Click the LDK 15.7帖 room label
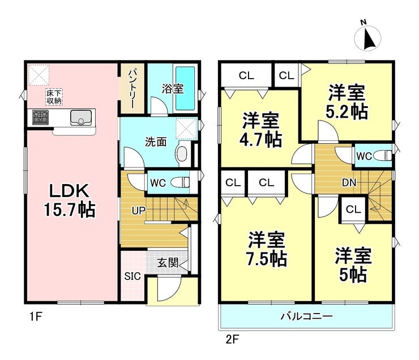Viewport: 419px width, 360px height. pyautogui.click(x=70, y=199)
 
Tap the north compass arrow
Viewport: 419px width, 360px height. pyautogui.click(x=369, y=38)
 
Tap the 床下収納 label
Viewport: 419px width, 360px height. pyautogui.click(x=54, y=96)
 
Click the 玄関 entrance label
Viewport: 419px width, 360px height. pyautogui.click(x=168, y=263)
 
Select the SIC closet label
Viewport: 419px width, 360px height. pyautogui.click(x=131, y=277)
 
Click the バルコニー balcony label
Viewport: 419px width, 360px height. pyautogui.click(x=306, y=316)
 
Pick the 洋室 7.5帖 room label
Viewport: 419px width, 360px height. pyautogui.click(x=266, y=249)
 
